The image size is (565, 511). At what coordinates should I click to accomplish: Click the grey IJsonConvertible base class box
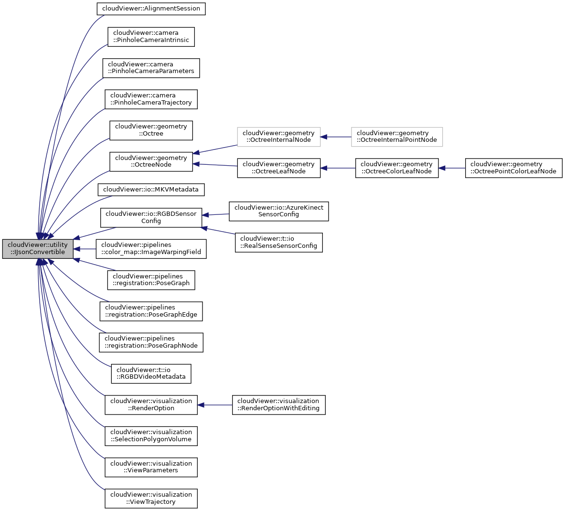(38, 249)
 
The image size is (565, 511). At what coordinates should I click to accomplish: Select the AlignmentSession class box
(151, 9)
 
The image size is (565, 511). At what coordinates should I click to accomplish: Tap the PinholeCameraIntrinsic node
(151, 37)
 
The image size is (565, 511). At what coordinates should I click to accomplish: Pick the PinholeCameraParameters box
(151, 68)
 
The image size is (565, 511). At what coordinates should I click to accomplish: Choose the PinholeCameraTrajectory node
(151, 99)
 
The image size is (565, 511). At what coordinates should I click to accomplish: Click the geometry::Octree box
(151, 130)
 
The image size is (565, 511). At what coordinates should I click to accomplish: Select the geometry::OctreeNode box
(151, 161)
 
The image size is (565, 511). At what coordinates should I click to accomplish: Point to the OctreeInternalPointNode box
(396, 137)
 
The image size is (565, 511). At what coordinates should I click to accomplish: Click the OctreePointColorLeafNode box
(513, 168)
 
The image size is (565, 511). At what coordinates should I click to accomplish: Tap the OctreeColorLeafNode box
(396, 168)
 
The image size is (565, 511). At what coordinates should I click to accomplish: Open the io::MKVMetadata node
(151, 190)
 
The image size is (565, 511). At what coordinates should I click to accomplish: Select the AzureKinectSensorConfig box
(278, 211)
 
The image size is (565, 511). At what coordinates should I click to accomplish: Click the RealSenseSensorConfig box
(278, 242)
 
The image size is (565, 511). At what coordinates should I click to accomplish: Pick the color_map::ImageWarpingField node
(151, 249)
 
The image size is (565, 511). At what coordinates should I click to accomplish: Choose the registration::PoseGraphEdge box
(151, 311)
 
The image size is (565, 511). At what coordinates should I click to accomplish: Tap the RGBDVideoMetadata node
(151, 373)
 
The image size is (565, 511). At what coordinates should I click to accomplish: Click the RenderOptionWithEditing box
(278, 405)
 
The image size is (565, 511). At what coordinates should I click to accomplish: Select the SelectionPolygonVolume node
(151, 436)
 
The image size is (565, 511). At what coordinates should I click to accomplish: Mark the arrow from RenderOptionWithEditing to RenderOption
(215, 405)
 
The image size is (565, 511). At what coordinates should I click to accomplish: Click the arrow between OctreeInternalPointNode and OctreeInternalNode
(336, 137)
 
